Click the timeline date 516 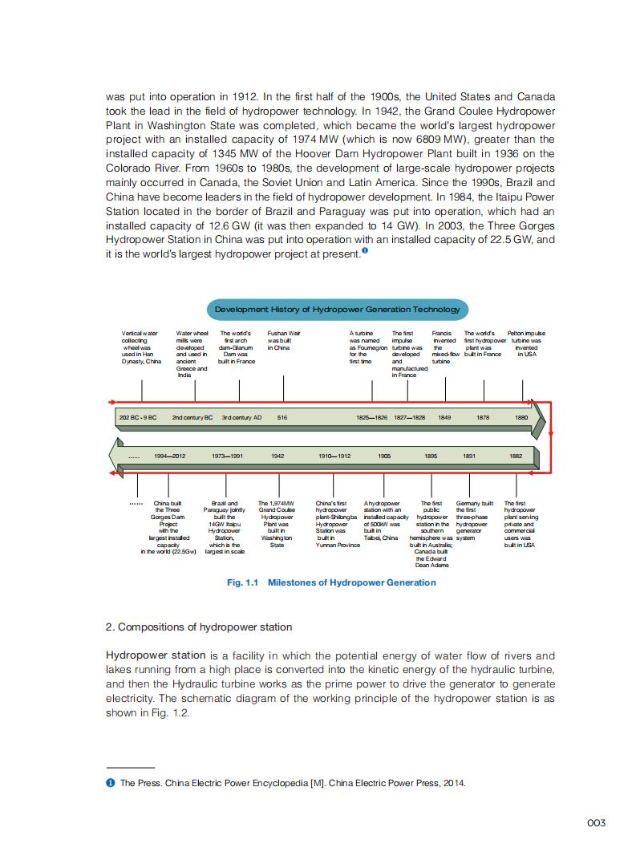click(x=282, y=418)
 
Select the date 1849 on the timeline click(x=444, y=418)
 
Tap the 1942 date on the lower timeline click(x=277, y=456)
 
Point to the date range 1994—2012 click(x=170, y=456)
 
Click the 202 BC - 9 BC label click(x=138, y=418)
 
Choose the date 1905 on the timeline click(x=384, y=456)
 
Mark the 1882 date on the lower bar click(x=516, y=456)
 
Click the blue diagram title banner click(x=338, y=310)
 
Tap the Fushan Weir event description click(x=283, y=340)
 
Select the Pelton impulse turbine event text click(x=526, y=343)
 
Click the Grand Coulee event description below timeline click(x=277, y=524)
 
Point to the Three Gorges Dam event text click(x=168, y=527)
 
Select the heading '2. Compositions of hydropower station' click(x=199, y=627)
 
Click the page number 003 click(x=596, y=823)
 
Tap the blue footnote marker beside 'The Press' click(x=110, y=784)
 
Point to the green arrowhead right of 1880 click(x=538, y=418)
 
